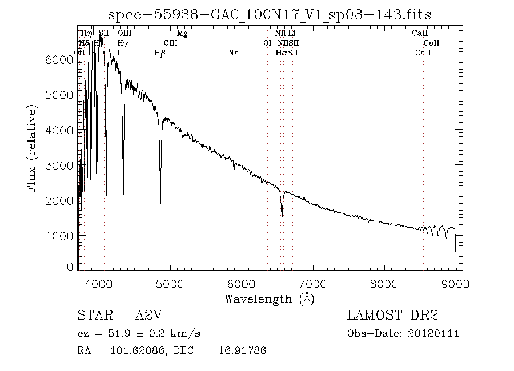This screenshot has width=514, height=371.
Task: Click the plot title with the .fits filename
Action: [269, 14]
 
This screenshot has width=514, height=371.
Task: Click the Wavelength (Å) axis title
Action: [270, 299]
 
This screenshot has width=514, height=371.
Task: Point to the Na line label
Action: [233, 53]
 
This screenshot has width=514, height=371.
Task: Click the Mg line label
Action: [182, 34]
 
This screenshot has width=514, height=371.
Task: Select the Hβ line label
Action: [160, 53]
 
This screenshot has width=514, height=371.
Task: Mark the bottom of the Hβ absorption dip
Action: [160, 203]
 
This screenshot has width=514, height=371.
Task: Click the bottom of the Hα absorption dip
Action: [282, 217]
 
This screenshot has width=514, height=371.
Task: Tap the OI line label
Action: [267, 43]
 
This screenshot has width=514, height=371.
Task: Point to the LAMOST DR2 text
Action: [392, 316]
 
